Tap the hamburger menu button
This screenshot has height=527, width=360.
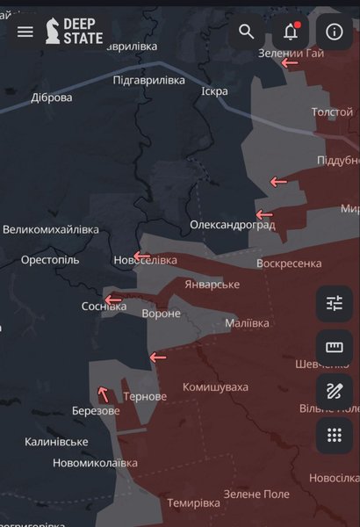click(25, 32)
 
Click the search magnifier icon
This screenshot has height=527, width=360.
click(247, 32)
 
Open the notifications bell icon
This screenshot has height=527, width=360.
click(291, 32)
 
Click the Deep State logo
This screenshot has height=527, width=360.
click(75, 32)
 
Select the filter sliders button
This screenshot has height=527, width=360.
click(334, 304)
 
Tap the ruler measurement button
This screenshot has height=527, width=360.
click(334, 348)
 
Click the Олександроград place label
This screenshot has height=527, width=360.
click(233, 226)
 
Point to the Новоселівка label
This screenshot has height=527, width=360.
click(145, 261)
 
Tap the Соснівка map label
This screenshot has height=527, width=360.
click(104, 307)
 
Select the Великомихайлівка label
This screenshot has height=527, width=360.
click(51, 230)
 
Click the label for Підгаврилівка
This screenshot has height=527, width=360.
click(149, 80)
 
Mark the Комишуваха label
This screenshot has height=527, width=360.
click(215, 387)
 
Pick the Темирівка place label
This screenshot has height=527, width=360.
click(193, 503)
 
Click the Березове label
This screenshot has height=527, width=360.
click(96, 411)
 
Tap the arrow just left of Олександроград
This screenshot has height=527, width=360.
click(264, 214)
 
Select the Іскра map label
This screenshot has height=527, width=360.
click(214, 91)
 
